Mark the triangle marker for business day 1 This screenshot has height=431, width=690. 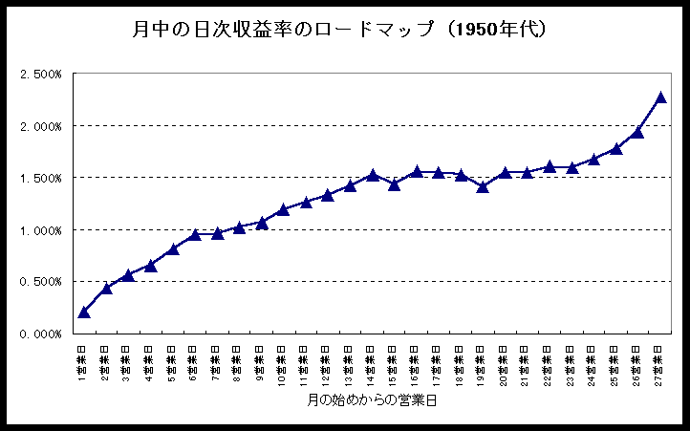click(84, 312)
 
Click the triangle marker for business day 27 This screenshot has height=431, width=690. click(660, 97)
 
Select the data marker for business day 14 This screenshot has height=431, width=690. click(373, 175)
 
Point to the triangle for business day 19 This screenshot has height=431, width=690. click(483, 186)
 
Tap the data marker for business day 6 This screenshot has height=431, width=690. click(195, 234)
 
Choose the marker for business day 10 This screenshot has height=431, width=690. click(283, 208)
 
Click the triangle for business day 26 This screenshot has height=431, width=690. click(637, 132)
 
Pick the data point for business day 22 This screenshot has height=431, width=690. click(550, 166)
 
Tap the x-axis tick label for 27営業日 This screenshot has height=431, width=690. click(660, 361)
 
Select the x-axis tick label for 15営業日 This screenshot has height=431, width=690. click(394, 361)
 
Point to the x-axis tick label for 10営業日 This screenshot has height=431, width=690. click(283, 361)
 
